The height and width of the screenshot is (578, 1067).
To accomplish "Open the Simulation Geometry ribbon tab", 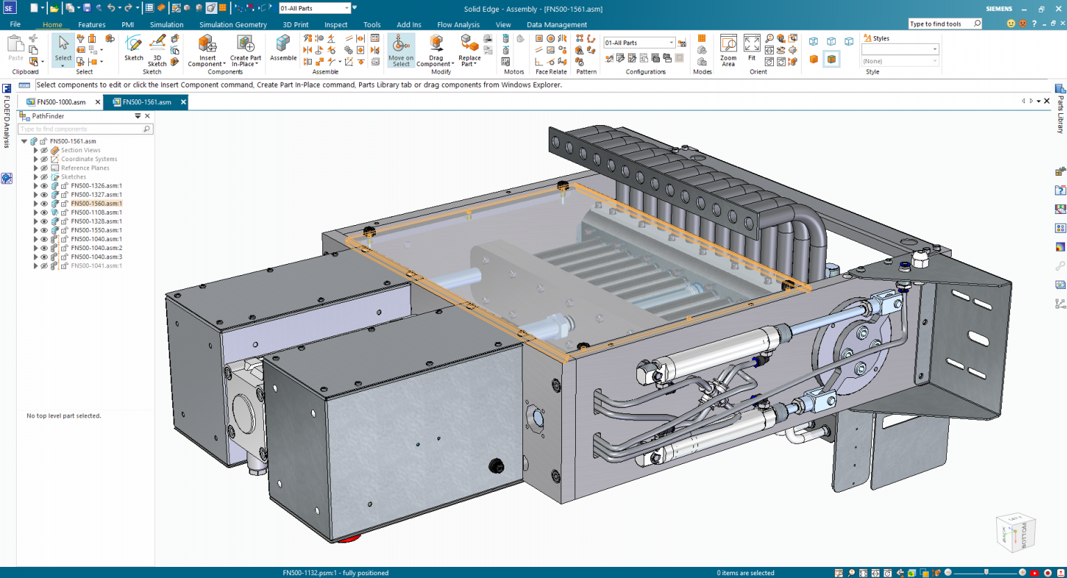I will coord(233,24).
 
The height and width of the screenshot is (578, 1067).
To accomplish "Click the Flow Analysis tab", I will coord(458,24).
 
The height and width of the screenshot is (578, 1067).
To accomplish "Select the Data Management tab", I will coord(556,24).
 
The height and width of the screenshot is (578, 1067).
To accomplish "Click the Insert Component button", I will coord(207,51).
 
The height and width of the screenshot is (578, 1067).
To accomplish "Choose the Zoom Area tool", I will coord(728,51).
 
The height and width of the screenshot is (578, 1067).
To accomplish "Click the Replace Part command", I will coord(470,51).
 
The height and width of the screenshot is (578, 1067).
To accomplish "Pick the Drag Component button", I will coord(436,51).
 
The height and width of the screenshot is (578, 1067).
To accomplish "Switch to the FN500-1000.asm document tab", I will coord(61,102).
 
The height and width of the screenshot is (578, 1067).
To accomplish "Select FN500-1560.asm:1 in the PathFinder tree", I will coord(96,204).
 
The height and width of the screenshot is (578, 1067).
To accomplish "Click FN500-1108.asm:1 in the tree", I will coord(96,213).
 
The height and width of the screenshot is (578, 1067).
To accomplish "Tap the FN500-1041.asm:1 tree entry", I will coord(96,266).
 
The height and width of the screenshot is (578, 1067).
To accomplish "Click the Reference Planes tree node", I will coord(85,168).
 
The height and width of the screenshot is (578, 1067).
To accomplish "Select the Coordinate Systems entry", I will coord(89,159).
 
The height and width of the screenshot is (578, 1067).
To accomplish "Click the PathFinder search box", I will coord(80,129).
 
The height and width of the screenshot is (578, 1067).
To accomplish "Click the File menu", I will coord(15,24).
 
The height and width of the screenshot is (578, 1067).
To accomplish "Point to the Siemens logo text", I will coord(999,9).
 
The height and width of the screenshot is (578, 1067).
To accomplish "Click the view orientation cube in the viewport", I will coord(1016,533).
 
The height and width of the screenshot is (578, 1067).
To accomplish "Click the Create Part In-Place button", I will coord(245,51).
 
